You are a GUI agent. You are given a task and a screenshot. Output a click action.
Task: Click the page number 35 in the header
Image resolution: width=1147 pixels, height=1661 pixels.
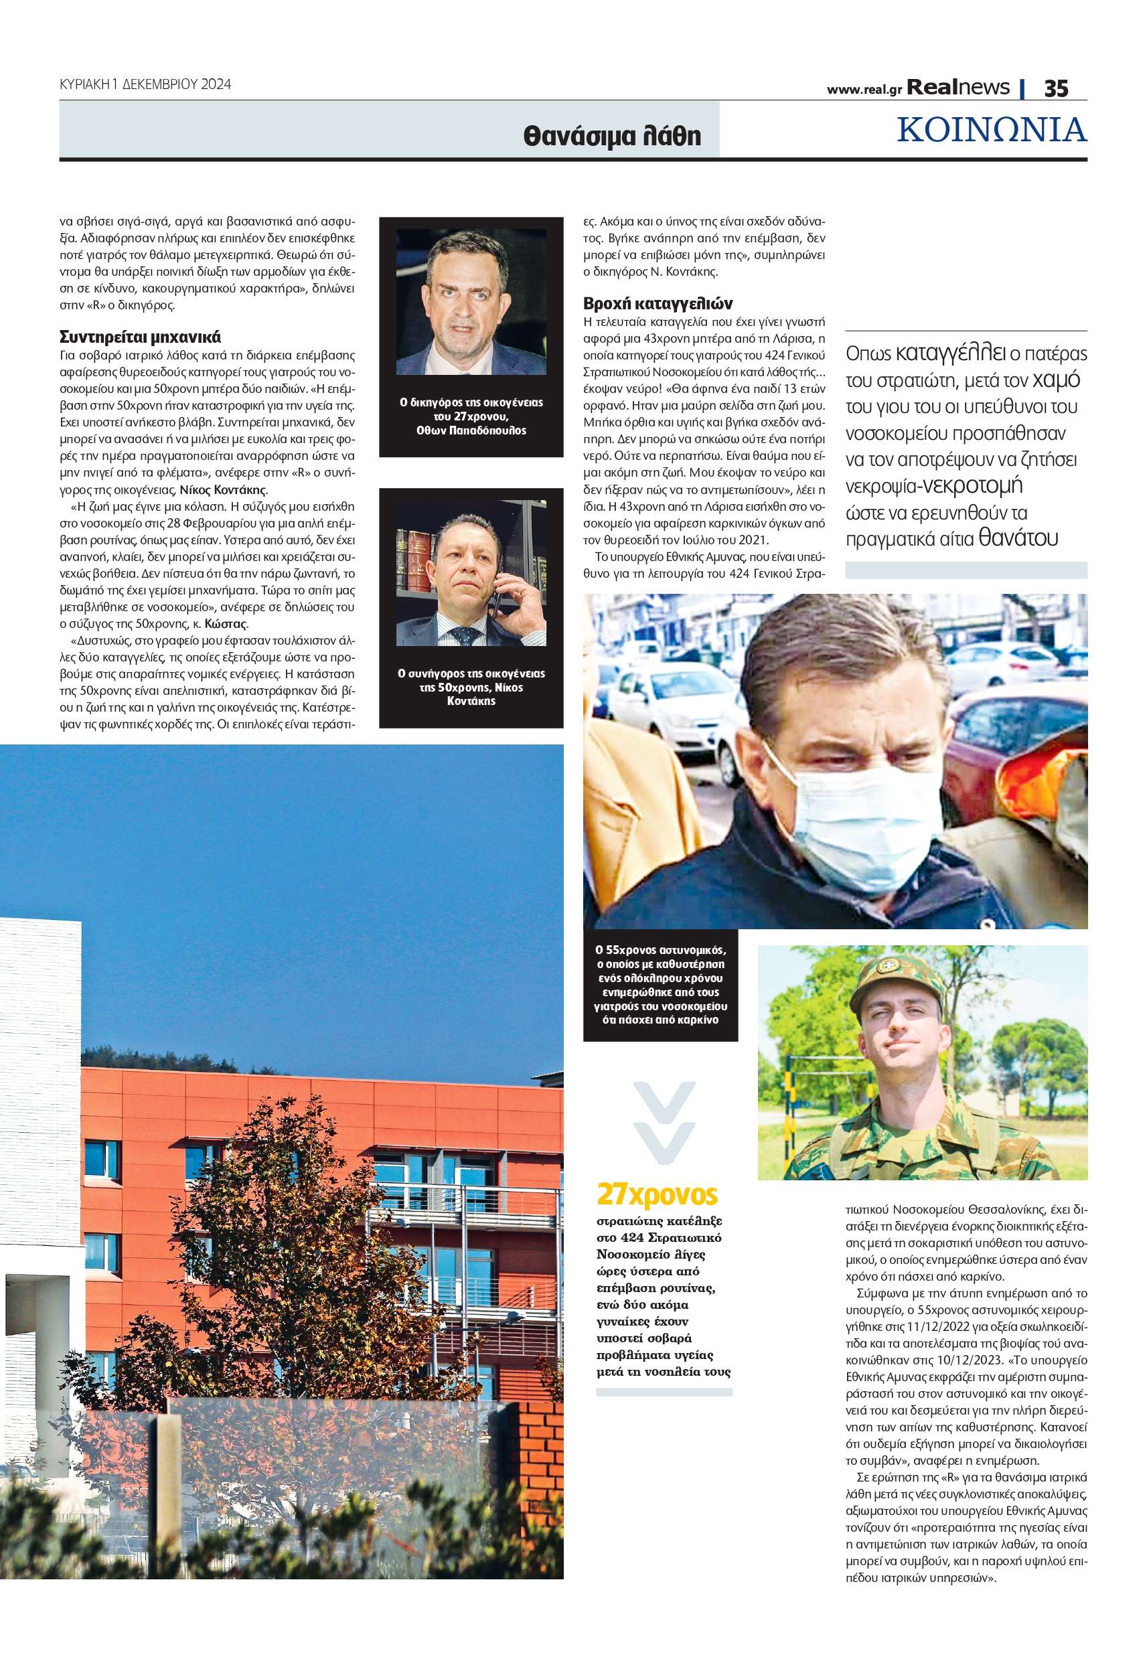1056,88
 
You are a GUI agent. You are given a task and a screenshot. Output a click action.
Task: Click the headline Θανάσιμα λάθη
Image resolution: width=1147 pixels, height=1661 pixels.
611,136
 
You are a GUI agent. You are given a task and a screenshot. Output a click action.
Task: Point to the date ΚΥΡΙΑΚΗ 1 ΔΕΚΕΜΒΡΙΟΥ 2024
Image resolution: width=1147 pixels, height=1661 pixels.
145,84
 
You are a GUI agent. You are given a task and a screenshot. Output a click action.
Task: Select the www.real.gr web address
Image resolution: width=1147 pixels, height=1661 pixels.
864,90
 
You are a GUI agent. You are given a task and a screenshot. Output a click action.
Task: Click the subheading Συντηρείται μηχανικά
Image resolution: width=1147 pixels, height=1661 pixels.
139,337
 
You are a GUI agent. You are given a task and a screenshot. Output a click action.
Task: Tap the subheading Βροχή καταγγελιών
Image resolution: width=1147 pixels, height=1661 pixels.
658,303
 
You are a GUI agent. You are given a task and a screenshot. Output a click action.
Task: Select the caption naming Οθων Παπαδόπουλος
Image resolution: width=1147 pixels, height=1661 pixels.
471,416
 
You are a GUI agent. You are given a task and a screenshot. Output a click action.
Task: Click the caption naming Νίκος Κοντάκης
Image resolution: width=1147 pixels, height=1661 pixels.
471,687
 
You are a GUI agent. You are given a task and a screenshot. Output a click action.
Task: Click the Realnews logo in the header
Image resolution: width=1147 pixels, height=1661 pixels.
958,88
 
